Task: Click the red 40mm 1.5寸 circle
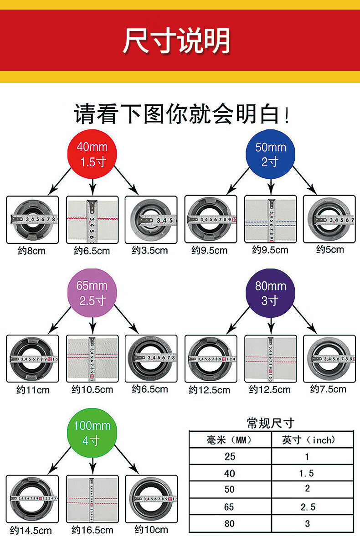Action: coord(93,154)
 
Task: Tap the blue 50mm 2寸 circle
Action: coord(271,154)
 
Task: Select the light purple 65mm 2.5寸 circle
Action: coord(93,293)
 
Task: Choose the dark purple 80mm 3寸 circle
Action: coord(271,293)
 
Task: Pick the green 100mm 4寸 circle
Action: coord(93,433)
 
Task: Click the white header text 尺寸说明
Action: coord(176,41)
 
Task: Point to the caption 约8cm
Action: coord(32,251)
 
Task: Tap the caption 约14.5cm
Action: coord(31,531)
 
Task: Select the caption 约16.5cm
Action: coord(93,530)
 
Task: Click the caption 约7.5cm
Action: coord(328,389)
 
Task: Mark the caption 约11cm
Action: coord(33,390)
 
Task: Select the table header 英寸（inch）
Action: coord(309,440)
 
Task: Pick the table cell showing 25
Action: coord(230,457)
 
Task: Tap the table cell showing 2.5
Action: coord(307,507)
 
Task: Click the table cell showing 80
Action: coord(230,523)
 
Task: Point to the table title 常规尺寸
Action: coord(271,423)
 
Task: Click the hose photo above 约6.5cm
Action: coord(93,219)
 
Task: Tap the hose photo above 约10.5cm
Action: coord(93,359)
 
